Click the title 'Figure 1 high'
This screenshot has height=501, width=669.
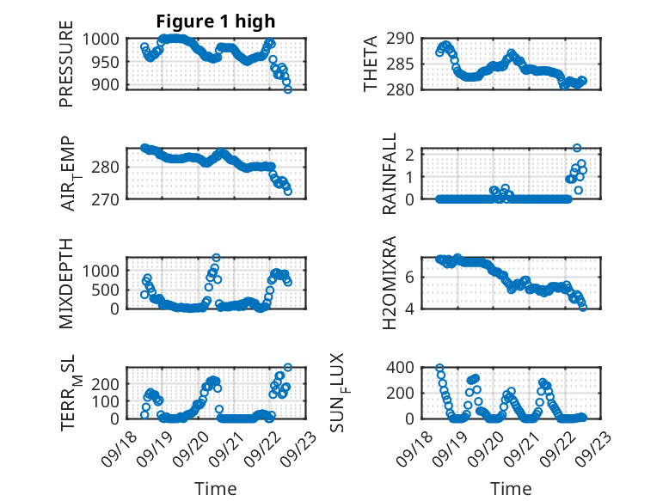pyautogui.click(x=216, y=21)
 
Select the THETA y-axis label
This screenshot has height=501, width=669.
pyautogui.click(x=371, y=64)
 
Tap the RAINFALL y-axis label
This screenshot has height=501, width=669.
pyautogui.click(x=390, y=174)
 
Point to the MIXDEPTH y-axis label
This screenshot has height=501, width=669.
pyautogui.click(x=66, y=283)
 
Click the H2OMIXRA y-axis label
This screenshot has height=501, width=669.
pyautogui.click(x=390, y=283)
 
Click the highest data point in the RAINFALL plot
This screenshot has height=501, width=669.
pyautogui.click(x=577, y=148)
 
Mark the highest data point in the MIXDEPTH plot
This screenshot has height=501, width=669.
pyautogui.click(x=216, y=258)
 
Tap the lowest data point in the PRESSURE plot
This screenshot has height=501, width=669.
pyautogui.click(x=288, y=89)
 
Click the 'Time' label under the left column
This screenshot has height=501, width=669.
pyautogui.click(x=215, y=489)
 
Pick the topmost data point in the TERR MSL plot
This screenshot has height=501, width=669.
pyautogui.click(x=287, y=368)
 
